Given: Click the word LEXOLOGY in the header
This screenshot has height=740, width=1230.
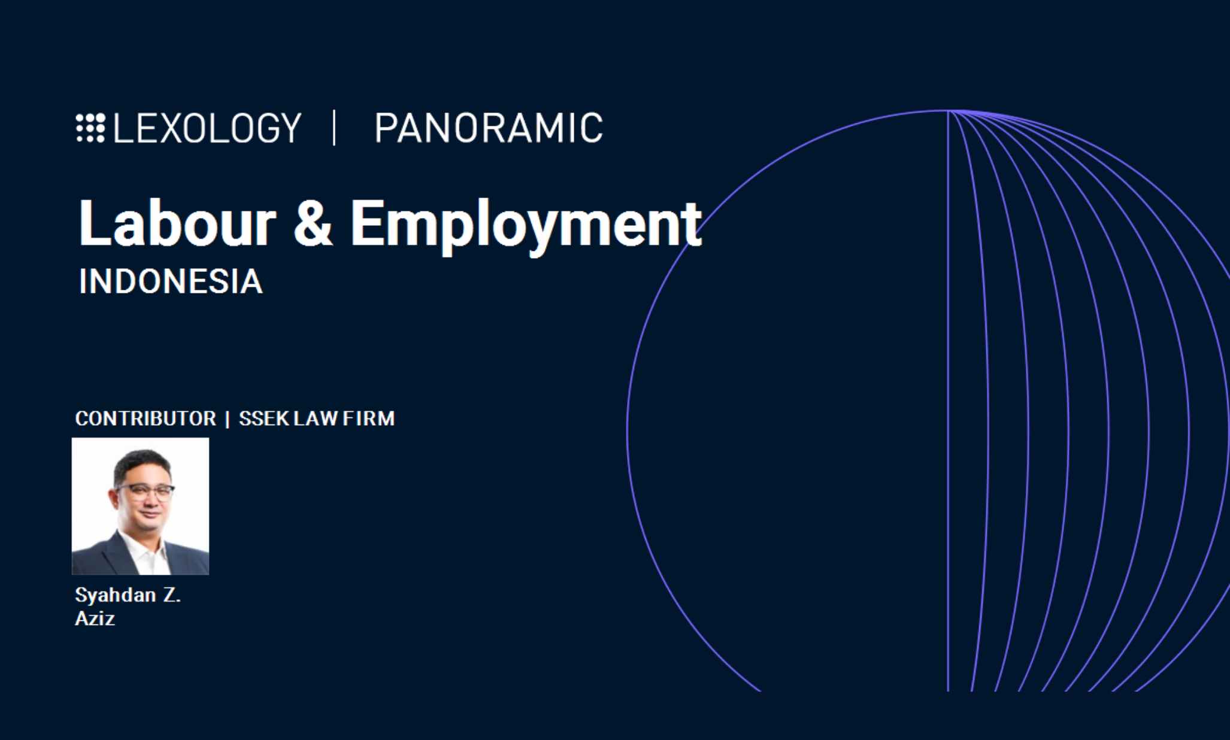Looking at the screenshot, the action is pyautogui.click(x=207, y=128).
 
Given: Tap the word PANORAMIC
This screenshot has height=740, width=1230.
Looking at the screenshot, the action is pyautogui.click(x=489, y=128).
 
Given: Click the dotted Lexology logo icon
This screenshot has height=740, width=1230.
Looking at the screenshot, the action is pyautogui.click(x=90, y=128).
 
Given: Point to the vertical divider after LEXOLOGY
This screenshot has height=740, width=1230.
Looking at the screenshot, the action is pyautogui.click(x=334, y=128).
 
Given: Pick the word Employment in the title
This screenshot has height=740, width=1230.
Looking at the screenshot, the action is pyautogui.click(x=526, y=226).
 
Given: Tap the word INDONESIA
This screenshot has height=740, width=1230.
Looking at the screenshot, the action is pyautogui.click(x=171, y=281).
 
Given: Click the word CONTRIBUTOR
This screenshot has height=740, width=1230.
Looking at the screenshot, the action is pyautogui.click(x=146, y=418).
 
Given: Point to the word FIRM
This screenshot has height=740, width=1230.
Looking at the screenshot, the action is pyautogui.click(x=368, y=418).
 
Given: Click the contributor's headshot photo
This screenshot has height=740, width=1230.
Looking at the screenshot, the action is pyautogui.click(x=140, y=506).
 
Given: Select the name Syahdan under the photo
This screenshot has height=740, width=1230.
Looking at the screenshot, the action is pyautogui.click(x=116, y=595).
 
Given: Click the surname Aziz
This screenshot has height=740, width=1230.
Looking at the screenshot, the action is pyautogui.click(x=95, y=618).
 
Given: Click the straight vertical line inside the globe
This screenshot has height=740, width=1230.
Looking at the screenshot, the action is pyautogui.click(x=948, y=401).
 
